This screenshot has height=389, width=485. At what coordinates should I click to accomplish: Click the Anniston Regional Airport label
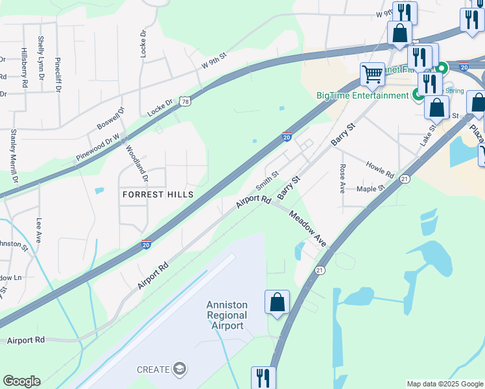pos(226,315)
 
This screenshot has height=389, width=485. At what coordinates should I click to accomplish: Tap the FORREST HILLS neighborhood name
pos(158,194)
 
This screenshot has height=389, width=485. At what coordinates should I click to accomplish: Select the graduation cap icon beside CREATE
pos(179,370)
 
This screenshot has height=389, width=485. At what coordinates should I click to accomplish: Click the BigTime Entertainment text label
pos(362,95)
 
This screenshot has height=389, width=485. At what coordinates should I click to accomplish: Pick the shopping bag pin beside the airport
pos(277,302)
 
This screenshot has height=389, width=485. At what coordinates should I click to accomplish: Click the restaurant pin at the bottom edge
pos(263,377)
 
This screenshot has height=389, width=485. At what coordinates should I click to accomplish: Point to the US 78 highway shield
pos(186,102)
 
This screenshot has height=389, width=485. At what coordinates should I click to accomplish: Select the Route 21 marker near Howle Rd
pos(405,178)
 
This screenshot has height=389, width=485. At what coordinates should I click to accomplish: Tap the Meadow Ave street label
pos(307,228)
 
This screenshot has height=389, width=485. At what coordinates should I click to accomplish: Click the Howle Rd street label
pos(380,171)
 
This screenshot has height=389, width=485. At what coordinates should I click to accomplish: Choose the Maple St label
pos(371,189)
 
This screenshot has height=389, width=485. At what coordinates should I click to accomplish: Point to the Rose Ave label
pos(342,179)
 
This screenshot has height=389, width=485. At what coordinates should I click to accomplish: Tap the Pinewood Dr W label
pos(98,147)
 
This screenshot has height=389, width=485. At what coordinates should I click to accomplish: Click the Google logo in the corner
pos(21,381)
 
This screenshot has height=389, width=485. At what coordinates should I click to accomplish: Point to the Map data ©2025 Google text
pos(444,384)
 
